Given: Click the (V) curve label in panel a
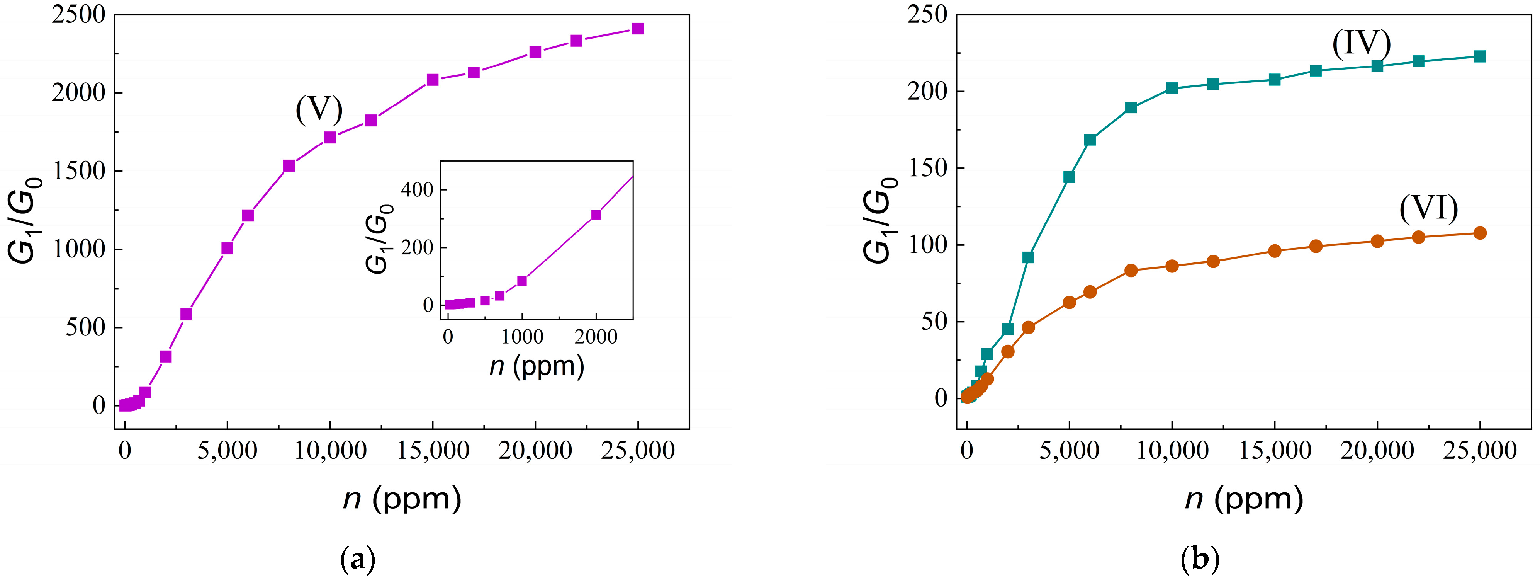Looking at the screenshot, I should coord(319,110).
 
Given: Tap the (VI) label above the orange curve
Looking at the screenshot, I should coord(1428,209).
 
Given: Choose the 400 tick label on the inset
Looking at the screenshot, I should coord(417,190).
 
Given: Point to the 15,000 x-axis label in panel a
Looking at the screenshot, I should coord(433,450).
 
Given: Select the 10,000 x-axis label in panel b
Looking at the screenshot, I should coord(1172,450).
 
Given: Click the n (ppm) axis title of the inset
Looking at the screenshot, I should coord(536,366).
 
